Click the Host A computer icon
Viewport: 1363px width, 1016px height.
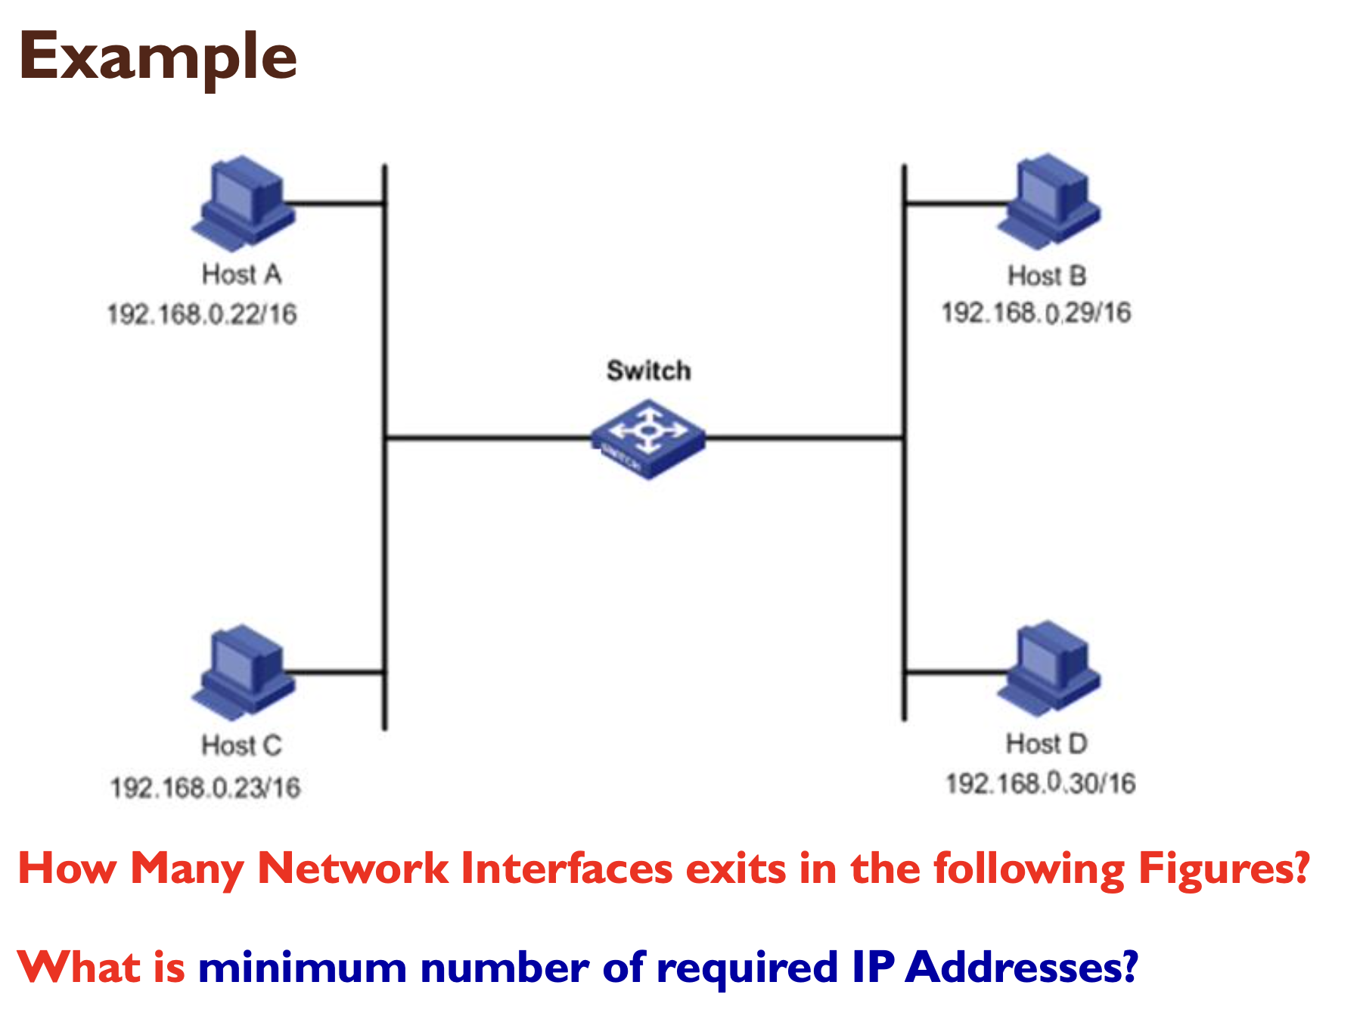click(243, 203)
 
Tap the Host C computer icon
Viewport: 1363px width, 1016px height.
click(243, 671)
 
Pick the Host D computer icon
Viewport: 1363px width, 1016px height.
click(1048, 668)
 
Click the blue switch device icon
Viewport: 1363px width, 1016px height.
click(648, 439)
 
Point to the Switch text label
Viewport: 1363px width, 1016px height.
click(648, 370)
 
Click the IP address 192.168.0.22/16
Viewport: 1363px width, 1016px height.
click(201, 314)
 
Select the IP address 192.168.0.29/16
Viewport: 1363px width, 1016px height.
click(1035, 312)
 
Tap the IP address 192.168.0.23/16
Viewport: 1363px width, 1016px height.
click(205, 788)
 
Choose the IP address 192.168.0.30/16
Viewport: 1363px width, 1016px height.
click(1040, 783)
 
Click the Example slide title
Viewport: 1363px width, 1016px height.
click(157, 57)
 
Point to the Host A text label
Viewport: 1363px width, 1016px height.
click(241, 274)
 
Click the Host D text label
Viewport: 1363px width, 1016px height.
click(1046, 743)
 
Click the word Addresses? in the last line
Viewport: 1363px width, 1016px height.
click(1021, 967)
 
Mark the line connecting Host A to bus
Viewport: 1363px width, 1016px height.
click(337, 203)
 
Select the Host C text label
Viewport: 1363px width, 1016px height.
click(241, 745)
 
